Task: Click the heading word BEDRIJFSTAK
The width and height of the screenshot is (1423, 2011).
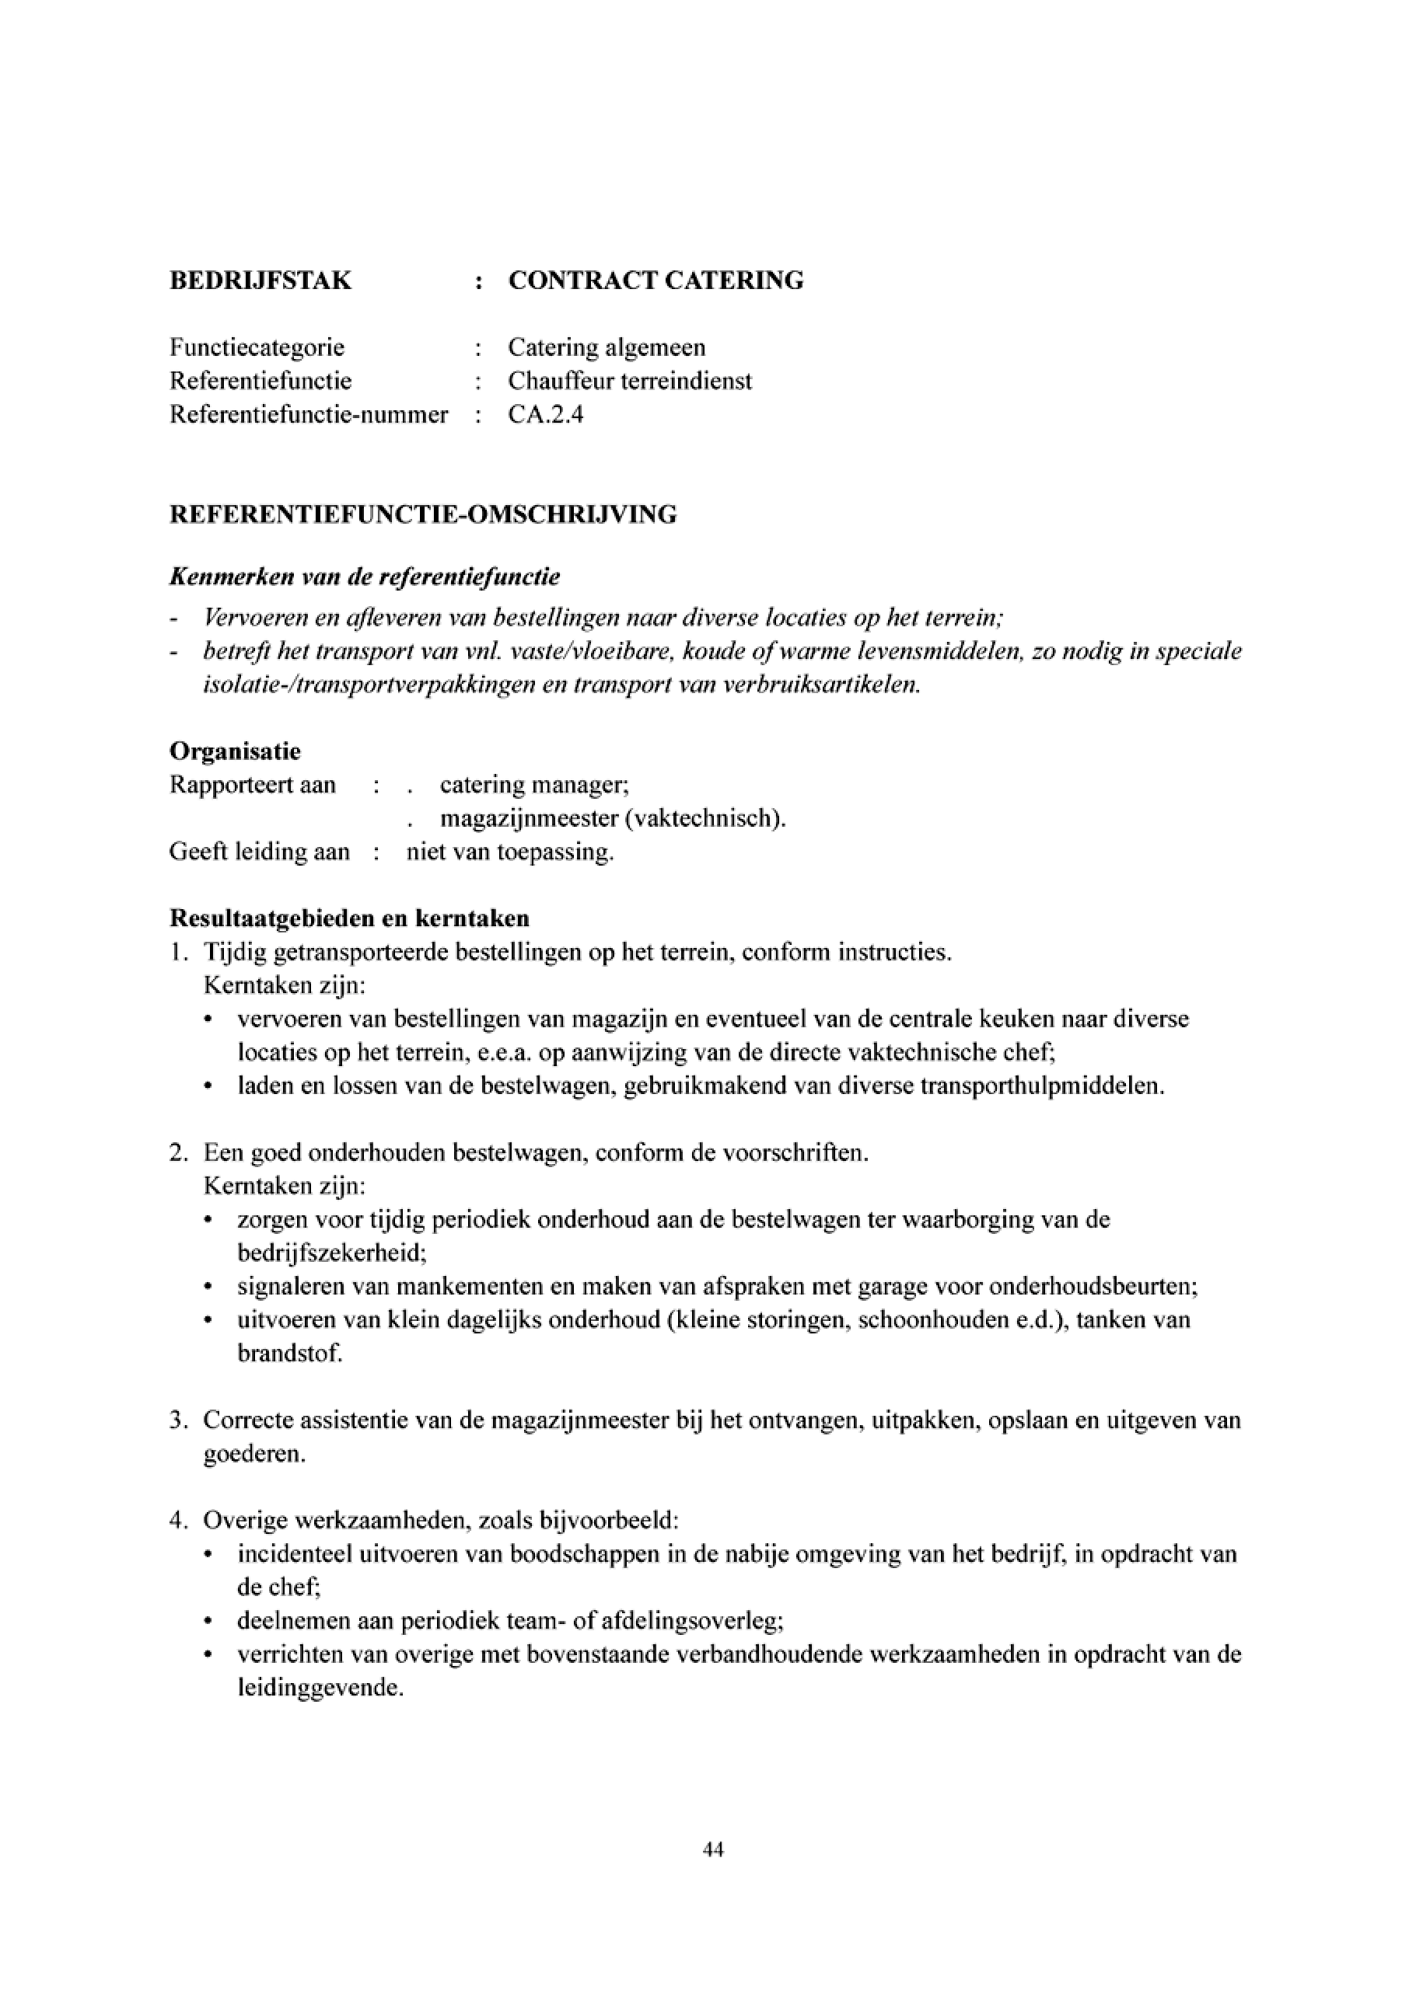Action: click(260, 281)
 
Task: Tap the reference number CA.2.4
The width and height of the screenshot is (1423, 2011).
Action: click(545, 414)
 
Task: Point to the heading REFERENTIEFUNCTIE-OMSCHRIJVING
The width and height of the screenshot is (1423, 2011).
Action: click(422, 514)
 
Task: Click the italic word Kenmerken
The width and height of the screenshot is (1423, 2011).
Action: click(226, 577)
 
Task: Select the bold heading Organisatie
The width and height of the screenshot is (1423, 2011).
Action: click(235, 751)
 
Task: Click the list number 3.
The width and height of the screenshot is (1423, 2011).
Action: click(176, 1420)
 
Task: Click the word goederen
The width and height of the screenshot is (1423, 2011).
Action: click(254, 1455)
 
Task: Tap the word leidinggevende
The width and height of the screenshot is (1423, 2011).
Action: click(320, 1688)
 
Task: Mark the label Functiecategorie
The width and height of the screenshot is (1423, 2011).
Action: click(257, 347)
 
